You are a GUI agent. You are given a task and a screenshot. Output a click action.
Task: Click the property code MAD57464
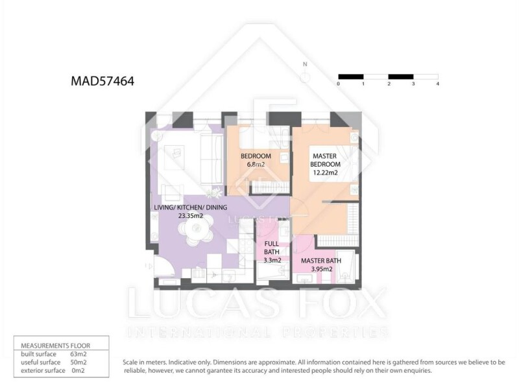click(103, 81)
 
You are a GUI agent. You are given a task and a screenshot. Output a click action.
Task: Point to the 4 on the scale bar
click(437, 84)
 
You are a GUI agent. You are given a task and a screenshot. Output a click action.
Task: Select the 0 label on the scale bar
click(338, 84)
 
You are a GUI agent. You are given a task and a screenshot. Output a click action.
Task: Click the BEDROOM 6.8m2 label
click(256, 160)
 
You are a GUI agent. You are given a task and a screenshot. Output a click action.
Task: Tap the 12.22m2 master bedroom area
click(326, 172)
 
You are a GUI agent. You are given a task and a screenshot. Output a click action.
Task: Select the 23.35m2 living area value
click(191, 216)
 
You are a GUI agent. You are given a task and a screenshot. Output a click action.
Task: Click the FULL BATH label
click(271, 248)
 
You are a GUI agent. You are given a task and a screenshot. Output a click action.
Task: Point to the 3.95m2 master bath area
click(322, 269)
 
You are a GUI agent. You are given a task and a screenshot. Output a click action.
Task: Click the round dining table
click(196, 229)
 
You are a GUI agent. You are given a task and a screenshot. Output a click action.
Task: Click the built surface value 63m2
click(78, 354)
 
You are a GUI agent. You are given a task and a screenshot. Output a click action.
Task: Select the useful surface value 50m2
click(78, 362)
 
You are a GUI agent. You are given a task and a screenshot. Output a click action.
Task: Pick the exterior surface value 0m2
click(78, 370)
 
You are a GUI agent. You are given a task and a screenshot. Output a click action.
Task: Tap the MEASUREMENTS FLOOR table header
click(56, 346)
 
